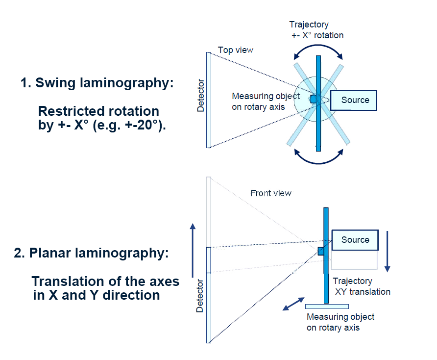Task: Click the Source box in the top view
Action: [353, 100]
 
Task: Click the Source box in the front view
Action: [355, 240]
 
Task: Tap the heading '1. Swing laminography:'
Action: [97, 82]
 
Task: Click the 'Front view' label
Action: [271, 193]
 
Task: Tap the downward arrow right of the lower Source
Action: [387, 250]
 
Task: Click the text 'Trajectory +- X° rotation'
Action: [316, 29]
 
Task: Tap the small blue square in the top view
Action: [314, 99]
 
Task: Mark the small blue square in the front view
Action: [321, 251]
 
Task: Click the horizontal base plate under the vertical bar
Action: [327, 307]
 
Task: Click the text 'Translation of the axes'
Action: [105, 282]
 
